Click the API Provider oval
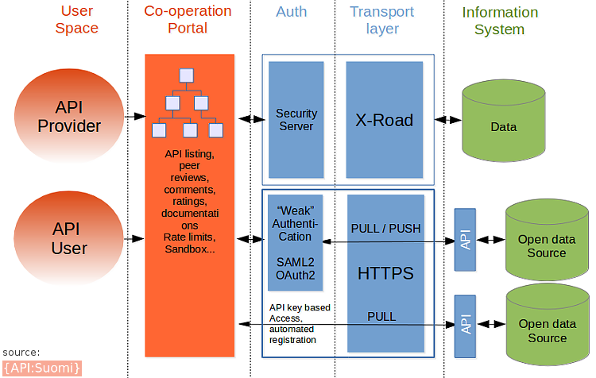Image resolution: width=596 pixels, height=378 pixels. [69, 117]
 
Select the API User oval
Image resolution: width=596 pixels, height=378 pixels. [69, 238]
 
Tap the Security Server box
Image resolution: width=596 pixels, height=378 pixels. [296, 120]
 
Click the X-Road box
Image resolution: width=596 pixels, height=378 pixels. [384, 120]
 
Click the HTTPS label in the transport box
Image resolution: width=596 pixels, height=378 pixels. [385, 273]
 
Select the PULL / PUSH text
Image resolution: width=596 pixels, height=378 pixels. [385, 229]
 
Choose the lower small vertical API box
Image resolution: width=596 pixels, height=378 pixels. [465, 326]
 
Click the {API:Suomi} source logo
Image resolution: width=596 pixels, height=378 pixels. [42, 368]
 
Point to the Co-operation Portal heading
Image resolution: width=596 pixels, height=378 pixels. [187, 21]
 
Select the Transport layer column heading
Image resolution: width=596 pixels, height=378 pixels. [382, 21]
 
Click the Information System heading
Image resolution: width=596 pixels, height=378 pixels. [500, 21]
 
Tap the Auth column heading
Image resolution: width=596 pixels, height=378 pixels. [292, 13]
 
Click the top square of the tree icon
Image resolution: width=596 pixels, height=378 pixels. [186, 76]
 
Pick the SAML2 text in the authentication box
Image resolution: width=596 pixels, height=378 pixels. [295, 261]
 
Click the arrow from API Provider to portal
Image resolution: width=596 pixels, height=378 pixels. [133, 117]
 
